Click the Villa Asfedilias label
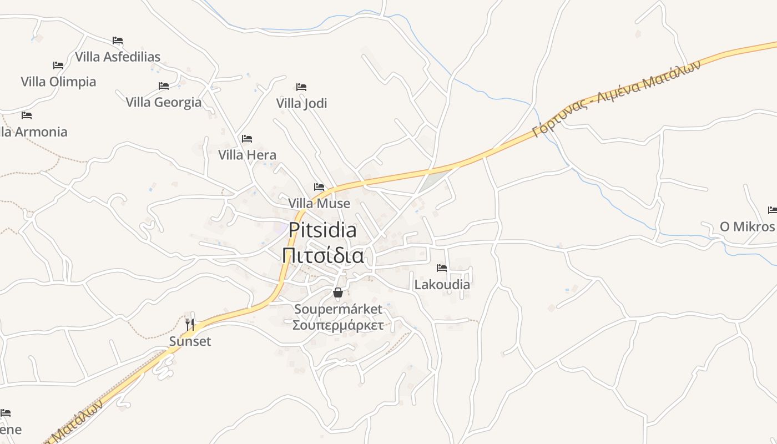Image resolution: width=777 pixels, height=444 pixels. (118, 57)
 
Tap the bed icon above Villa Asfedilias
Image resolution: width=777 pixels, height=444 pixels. (118, 41)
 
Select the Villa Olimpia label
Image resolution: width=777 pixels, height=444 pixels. (58, 82)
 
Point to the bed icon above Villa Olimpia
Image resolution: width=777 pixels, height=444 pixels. (58, 65)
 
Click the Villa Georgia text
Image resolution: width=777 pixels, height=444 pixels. (164, 102)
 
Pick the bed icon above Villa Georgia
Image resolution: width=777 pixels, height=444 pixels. (164, 86)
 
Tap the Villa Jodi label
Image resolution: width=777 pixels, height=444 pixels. (301, 103)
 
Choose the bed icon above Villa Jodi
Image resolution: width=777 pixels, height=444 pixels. (301, 87)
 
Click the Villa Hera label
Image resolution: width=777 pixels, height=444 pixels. (247, 155)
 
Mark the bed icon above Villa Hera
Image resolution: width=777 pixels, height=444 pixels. (247, 139)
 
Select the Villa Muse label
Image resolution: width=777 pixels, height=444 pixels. (319, 203)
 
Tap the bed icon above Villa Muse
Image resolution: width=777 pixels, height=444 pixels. (319, 187)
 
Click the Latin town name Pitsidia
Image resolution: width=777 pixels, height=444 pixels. (322, 230)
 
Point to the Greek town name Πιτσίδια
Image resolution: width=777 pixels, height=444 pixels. (322, 256)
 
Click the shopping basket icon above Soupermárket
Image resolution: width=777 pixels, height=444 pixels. (337, 292)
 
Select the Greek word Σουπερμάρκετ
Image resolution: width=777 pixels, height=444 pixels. (337, 325)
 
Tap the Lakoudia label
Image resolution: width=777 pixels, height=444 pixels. (442, 285)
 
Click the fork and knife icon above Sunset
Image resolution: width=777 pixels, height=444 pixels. (190, 325)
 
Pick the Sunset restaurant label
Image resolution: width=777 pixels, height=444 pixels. (190, 341)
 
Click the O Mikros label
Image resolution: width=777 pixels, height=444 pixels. (747, 226)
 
